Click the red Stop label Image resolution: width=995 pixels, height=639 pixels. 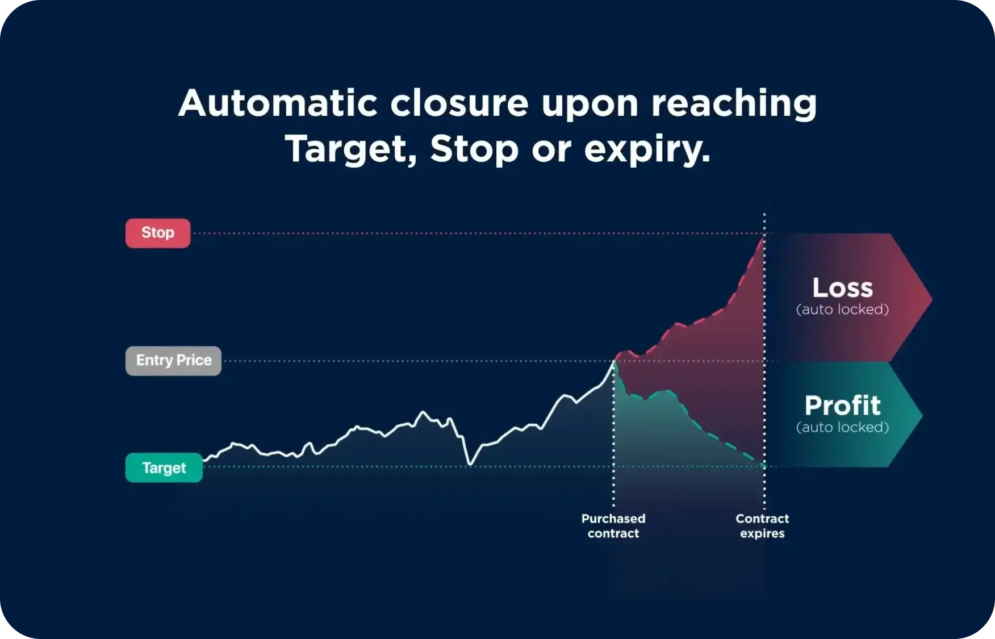158,233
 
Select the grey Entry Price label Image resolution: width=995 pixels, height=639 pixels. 173,361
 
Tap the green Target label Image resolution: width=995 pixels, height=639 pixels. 164,467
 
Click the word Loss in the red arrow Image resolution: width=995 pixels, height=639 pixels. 842,288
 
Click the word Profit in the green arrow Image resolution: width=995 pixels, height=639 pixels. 842,406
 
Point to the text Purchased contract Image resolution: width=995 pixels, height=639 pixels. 613,526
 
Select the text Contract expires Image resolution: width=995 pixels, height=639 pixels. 762,526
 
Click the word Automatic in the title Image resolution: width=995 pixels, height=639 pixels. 278,103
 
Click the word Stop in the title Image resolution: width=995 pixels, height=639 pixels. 474,149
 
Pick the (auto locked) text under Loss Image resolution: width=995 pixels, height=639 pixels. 842,310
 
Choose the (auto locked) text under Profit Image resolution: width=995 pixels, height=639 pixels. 842,427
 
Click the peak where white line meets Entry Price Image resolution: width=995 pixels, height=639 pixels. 613,361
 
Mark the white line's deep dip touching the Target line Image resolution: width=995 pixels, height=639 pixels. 470,465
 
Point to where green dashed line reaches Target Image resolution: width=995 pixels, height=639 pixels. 763,466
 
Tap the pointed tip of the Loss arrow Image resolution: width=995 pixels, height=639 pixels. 931,298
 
